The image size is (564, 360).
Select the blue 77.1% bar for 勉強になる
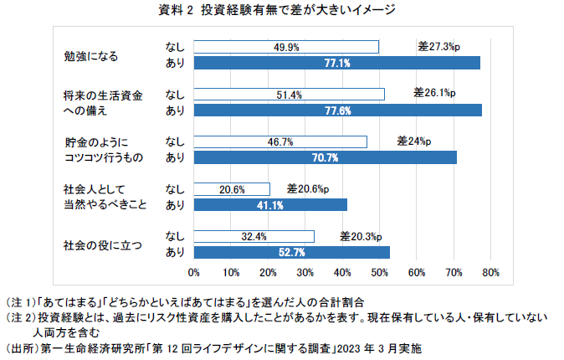(x=337, y=63)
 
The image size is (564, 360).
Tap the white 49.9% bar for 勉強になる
(x=286, y=48)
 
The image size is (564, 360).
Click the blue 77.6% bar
(x=338, y=110)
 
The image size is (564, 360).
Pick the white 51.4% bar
(x=289, y=95)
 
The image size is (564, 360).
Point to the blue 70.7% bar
(x=326, y=157)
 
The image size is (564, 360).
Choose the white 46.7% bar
(x=280, y=141)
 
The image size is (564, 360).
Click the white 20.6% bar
(x=232, y=189)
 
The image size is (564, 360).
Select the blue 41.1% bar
(x=270, y=204)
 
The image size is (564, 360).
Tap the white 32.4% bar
(x=254, y=236)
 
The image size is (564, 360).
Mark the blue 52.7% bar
(x=292, y=251)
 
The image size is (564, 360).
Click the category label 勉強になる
(x=91, y=56)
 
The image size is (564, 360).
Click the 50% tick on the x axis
(x=379, y=272)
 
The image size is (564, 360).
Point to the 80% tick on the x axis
(x=490, y=272)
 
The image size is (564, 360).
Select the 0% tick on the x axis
(x=194, y=272)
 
